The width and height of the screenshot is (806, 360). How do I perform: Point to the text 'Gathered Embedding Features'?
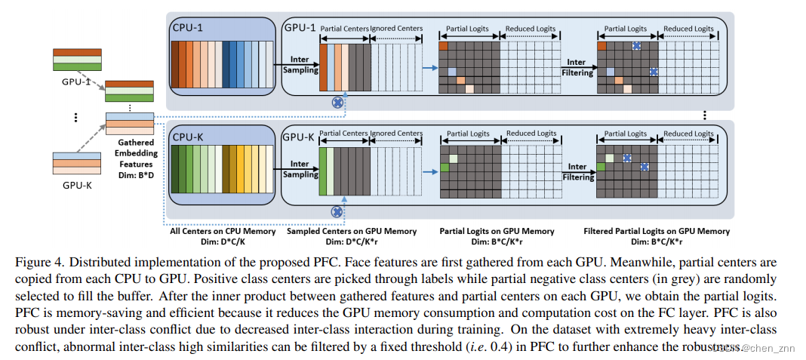(136, 152)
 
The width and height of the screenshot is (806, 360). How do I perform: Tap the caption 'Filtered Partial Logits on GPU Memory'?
(657, 232)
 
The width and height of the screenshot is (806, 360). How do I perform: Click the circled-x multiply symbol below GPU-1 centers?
(337, 100)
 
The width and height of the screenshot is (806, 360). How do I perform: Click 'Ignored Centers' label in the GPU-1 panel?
(397, 28)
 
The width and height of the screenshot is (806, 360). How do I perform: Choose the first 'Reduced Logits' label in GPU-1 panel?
(530, 29)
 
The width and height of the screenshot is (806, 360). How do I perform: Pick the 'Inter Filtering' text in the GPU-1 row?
(577, 68)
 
